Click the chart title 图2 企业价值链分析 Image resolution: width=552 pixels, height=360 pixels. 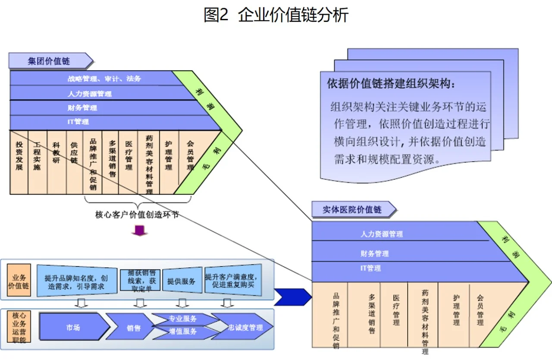(276, 15)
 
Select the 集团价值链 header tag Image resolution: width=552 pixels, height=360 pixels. (49, 61)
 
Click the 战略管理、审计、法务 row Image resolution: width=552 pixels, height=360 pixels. (104, 78)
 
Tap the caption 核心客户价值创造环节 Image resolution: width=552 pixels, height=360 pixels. (137, 214)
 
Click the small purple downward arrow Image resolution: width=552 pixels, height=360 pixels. (140, 231)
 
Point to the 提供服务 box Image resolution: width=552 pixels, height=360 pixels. (181, 281)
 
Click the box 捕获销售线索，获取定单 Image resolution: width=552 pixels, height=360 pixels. (144, 281)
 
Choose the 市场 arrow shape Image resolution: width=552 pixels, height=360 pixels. (73, 327)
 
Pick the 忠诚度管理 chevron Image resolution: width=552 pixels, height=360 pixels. (245, 327)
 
